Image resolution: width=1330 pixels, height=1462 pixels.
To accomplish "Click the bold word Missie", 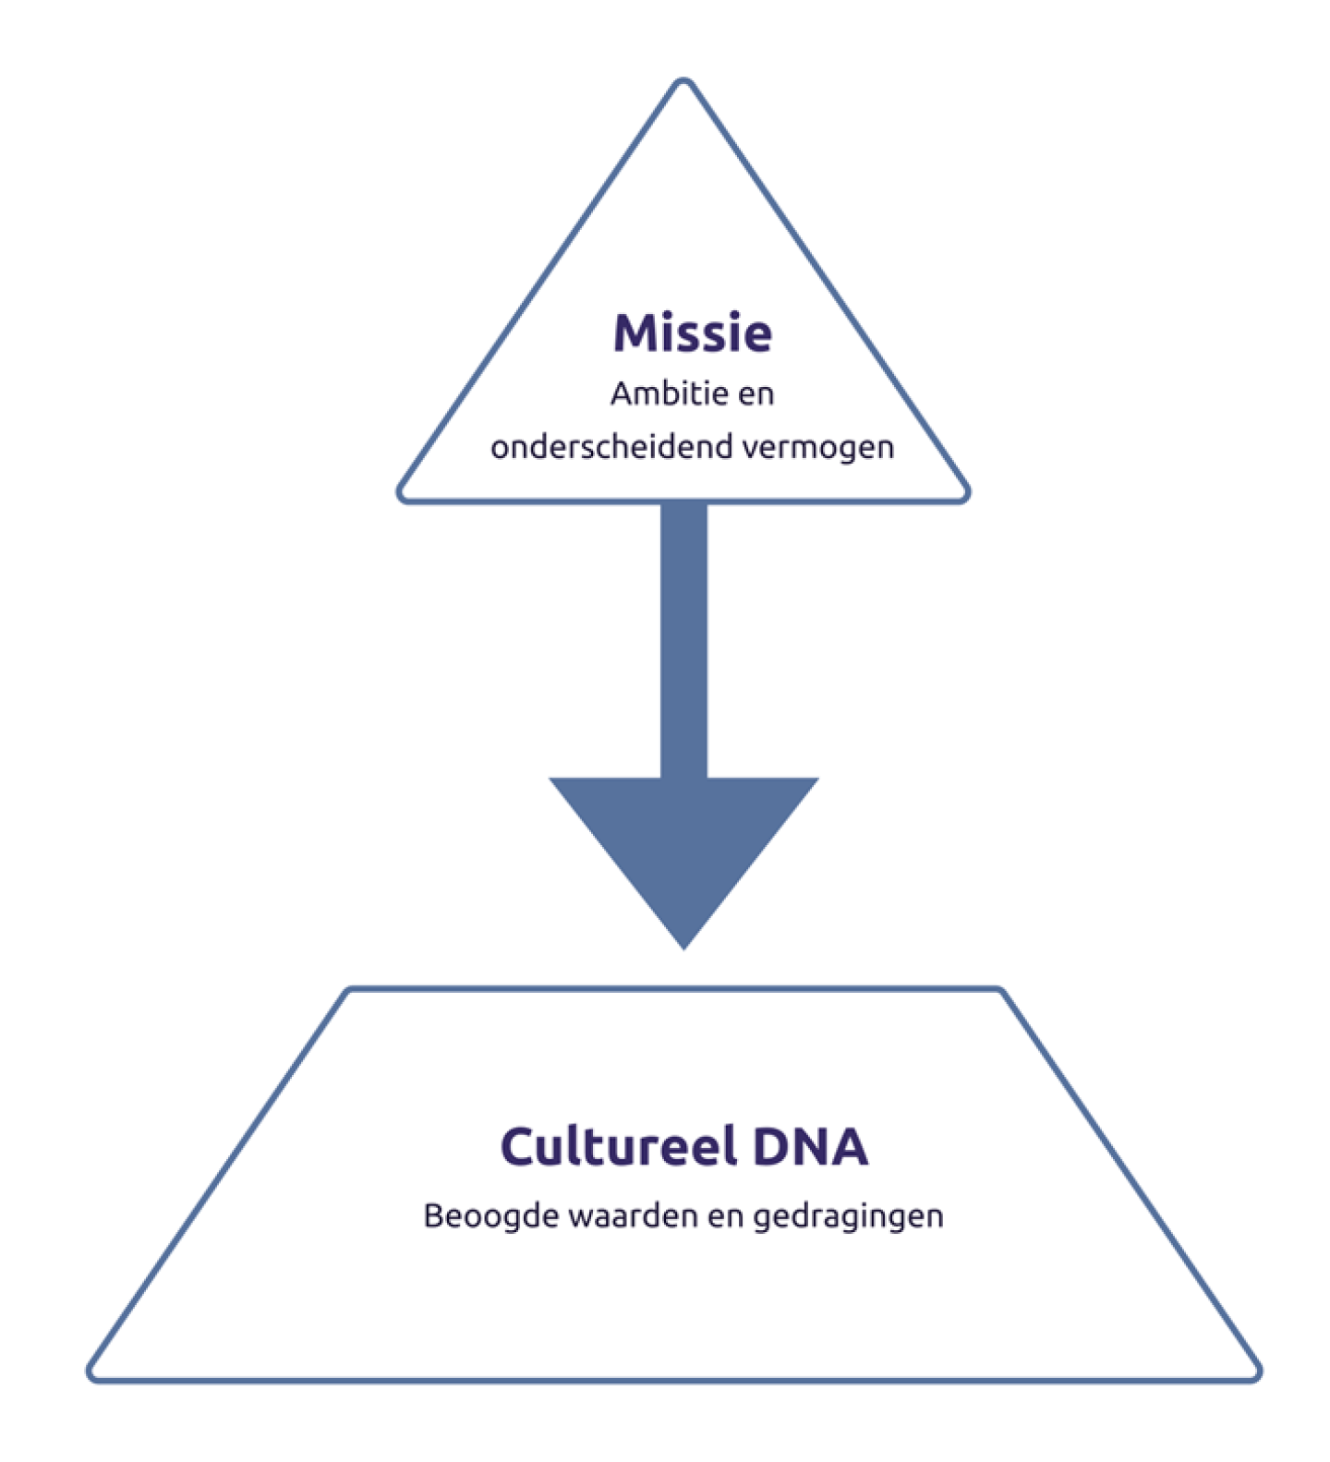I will click(x=692, y=333).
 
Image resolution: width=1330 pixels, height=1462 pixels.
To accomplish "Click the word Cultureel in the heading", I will click(x=619, y=1146).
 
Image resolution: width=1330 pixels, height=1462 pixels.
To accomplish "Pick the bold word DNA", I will click(x=810, y=1146).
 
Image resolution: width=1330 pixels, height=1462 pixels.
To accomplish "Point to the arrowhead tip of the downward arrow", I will click(x=683, y=947).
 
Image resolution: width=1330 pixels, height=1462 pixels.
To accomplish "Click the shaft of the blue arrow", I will click(x=683, y=637).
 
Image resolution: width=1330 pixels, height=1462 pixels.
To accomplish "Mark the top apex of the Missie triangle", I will click(x=683, y=82).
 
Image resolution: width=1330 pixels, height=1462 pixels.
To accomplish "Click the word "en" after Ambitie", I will click(x=756, y=394).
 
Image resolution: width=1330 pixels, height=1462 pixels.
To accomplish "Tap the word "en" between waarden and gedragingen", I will click(x=725, y=1215).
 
